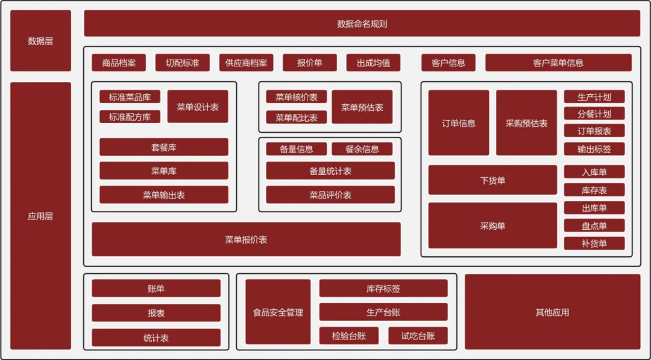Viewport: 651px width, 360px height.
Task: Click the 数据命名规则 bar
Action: click(362, 24)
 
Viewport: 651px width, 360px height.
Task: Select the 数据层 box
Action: click(40, 41)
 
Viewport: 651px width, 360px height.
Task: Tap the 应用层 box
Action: click(40, 216)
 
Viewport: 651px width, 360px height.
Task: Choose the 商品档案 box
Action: click(119, 63)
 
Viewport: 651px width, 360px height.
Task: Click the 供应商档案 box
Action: click(246, 63)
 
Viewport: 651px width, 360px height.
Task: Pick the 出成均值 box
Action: click(373, 63)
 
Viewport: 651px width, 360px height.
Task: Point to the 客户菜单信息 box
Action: click(558, 63)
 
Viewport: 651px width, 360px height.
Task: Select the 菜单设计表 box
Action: click(198, 107)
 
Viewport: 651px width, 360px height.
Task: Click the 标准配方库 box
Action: click(130, 117)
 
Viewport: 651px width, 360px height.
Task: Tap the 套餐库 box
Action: click(163, 147)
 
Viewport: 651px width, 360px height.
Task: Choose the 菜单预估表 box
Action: click(362, 107)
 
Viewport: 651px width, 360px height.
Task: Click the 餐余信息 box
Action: click(362, 149)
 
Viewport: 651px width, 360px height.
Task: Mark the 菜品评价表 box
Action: click(330, 195)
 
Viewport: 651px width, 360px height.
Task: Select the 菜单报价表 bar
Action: click(246, 239)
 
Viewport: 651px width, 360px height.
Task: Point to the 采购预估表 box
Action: click(526, 123)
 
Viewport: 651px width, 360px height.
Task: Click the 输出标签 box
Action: click(594, 149)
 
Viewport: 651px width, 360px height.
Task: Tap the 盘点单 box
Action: click(594, 226)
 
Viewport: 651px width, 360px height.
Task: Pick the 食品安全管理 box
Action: click(278, 312)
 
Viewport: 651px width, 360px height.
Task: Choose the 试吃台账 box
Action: click(418, 336)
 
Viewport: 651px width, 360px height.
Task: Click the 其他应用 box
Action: click(552, 312)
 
